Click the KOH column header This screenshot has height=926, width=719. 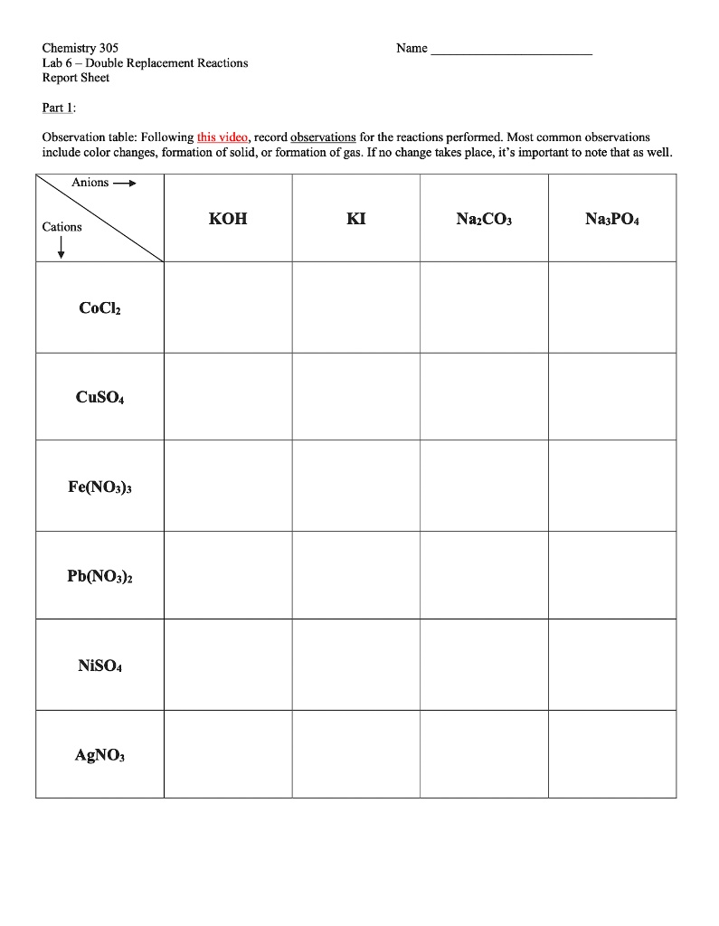click(227, 220)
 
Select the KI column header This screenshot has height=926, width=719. click(356, 220)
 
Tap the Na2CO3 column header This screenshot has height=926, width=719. click(484, 220)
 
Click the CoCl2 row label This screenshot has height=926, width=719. click(99, 308)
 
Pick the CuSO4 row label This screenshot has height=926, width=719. click(99, 397)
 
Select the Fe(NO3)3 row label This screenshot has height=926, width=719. click(99, 487)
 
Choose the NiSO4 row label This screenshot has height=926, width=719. click(99, 666)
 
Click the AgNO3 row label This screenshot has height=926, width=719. click(99, 755)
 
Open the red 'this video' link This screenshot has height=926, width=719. click(222, 137)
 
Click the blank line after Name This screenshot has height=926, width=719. click(511, 51)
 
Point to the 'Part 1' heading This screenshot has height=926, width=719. click(59, 108)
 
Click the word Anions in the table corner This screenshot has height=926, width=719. click(90, 183)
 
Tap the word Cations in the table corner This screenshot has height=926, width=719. click(61, 227)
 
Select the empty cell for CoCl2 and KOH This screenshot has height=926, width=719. click(228, 307)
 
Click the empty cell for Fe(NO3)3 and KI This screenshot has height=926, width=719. click(356, 487)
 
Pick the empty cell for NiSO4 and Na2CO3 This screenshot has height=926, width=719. click(484, 666)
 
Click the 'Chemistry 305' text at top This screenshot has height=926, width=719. click(80, 48)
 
